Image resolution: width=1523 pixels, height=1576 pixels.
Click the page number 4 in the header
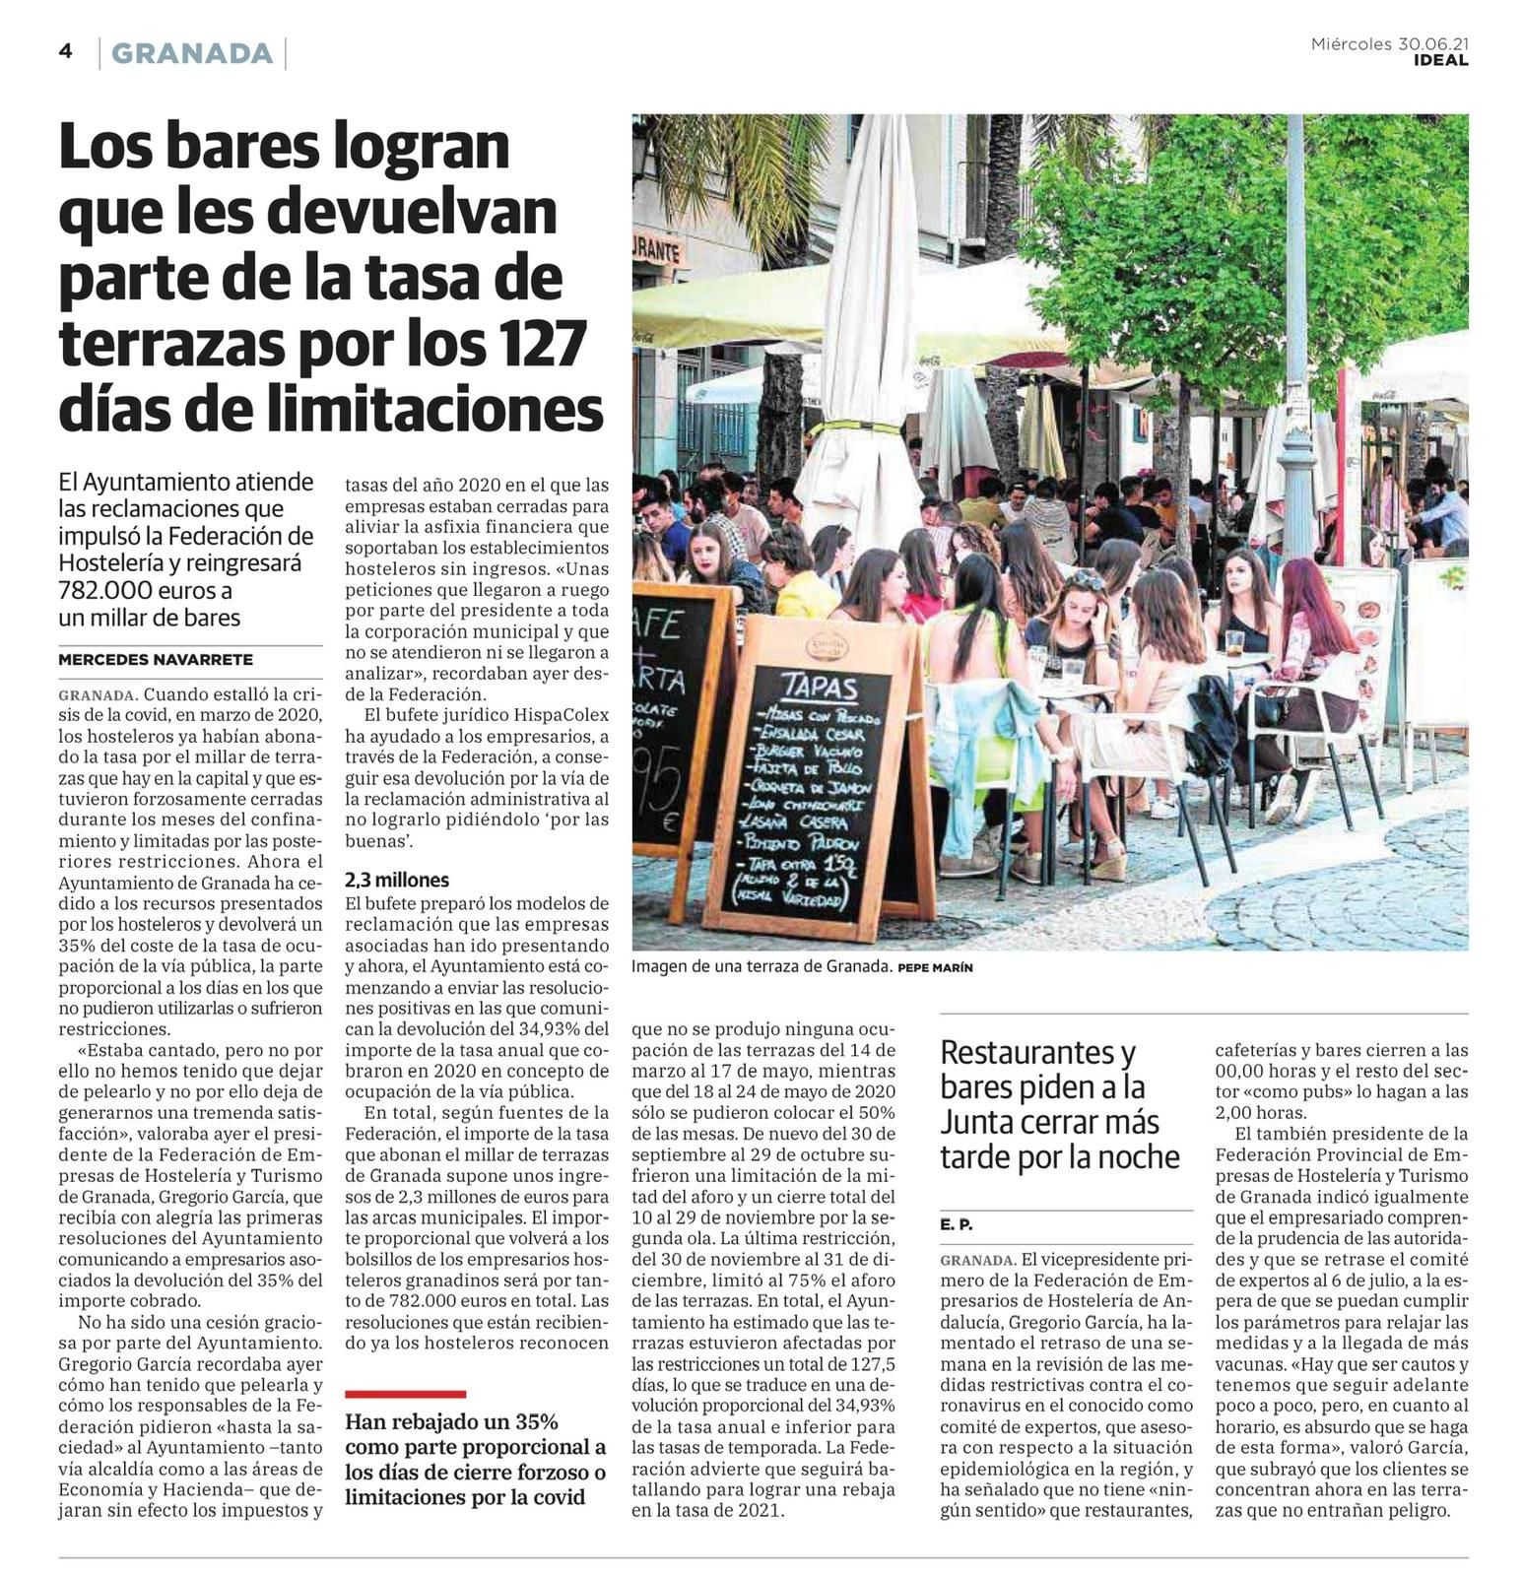pyautogui.click(x=65, y=51)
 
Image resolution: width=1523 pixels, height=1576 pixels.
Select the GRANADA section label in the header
pyautogui.click(x=192, y=53)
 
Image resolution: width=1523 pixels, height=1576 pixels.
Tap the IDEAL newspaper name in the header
pyautogui.click(x=1440, y=60)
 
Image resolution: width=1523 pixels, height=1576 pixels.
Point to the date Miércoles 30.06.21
pyautogui.click(x=1388, y=43)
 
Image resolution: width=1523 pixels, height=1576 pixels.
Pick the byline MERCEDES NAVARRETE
pyautogui.click(x=156, y=660)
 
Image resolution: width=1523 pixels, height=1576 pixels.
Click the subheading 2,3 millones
pyautogui.click(x=397, y=880)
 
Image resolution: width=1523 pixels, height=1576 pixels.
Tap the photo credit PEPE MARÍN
pyautogui.click(x=935, y=968)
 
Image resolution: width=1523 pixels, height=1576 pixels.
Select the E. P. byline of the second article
pyautogui.click(x=957, y=1224)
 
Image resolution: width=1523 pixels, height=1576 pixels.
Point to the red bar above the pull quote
pyautogui.click(x=405, y=1394)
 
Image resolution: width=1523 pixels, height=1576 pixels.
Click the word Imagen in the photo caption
pyautogui.click(x=665, y=967)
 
